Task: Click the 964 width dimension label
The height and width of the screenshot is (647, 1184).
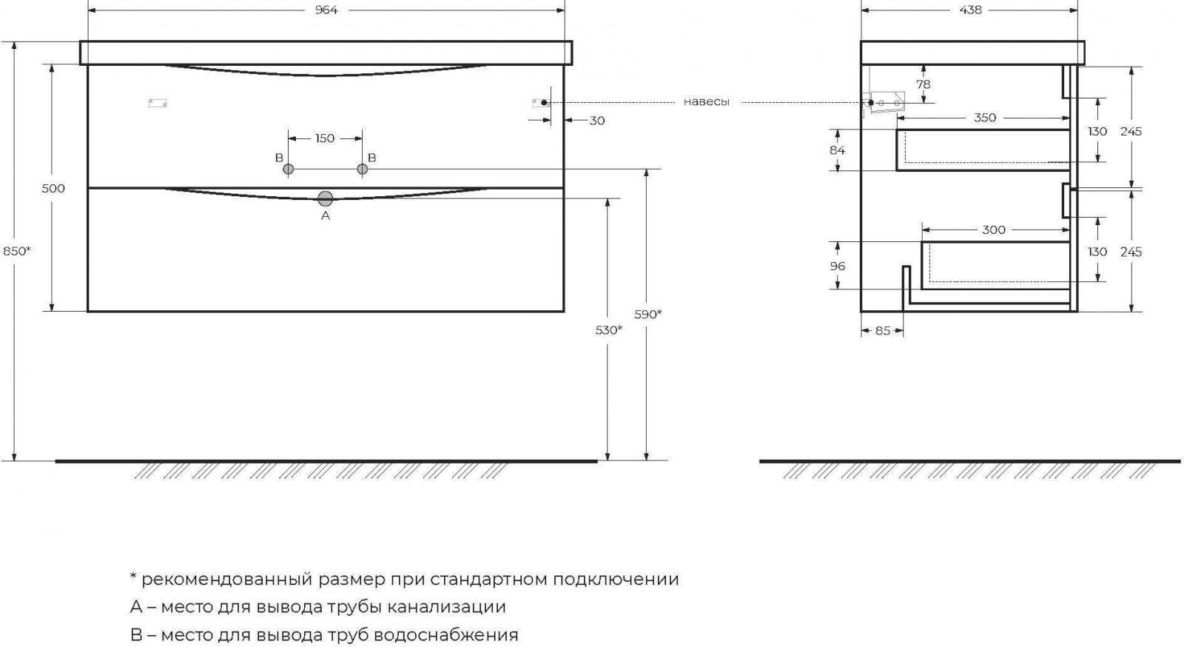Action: pyautogui.click(x=326, y=10)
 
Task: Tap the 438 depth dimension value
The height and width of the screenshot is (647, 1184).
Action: pyautogui.click(x=970, y=10)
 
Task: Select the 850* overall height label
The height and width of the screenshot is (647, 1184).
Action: pyautogui.click(x=17, y=251)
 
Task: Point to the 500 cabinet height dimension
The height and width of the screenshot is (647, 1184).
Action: pyautogui.click(x=53, y=188)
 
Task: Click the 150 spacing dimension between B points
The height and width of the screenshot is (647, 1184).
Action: pyautogui.click(x=325, y=138)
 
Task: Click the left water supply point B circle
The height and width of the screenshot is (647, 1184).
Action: pyautogui.click(x=288, y=169)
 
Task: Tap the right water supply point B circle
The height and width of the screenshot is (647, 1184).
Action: pyautogui.click(x=362, y=169)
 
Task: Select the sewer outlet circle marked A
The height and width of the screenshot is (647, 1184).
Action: pyautogui.click(x=326, y=198)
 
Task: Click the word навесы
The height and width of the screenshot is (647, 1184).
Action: pyautogui.click(x=706, y=102)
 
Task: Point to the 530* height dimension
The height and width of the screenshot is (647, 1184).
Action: pyautogui.click(x=609, y=330)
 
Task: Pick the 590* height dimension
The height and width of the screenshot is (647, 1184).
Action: pyautogui.click(x=648, y=315)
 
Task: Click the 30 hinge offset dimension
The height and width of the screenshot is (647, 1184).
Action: pyautogui.click(x=596, y=121)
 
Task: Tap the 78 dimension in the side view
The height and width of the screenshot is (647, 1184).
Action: pyautogui.click(x=924, y=84)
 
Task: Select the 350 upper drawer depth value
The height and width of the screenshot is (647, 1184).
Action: pyautogui.click(x=985, y=118)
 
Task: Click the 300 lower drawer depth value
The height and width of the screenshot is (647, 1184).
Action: pyautogui.click(x=994, y=230)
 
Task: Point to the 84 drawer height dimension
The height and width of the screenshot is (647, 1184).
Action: pyautogui.click(x=837, y=151)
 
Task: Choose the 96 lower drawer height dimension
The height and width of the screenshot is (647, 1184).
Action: pyautogui.click(x=837, y=266)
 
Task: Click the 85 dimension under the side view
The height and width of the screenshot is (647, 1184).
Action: pyautogui.click(x=883, y=331)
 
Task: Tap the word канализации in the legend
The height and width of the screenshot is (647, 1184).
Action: pyautogui.click(x=447, y=607)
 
